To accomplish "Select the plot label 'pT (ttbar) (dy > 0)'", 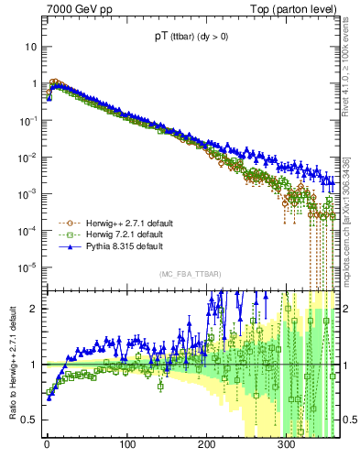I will pos(191,38).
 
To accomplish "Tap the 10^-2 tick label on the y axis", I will pos(28,157).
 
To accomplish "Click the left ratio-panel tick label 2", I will pos(34,309).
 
